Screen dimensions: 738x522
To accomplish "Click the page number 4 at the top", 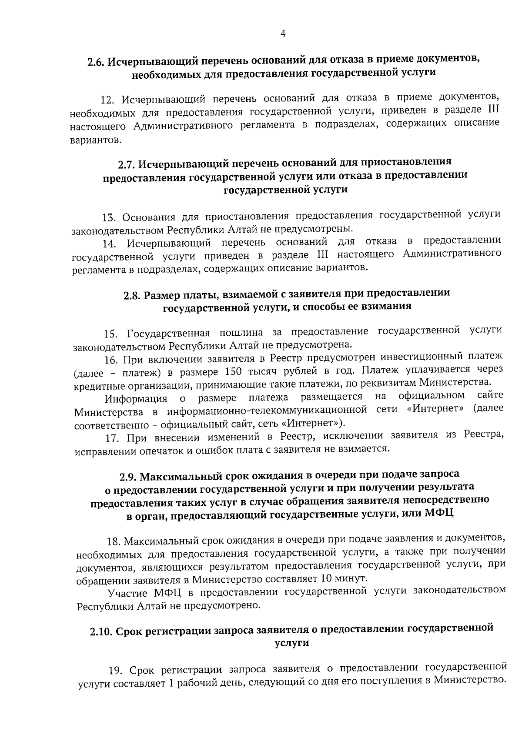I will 283,33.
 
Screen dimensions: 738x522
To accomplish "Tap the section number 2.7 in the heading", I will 127,164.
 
